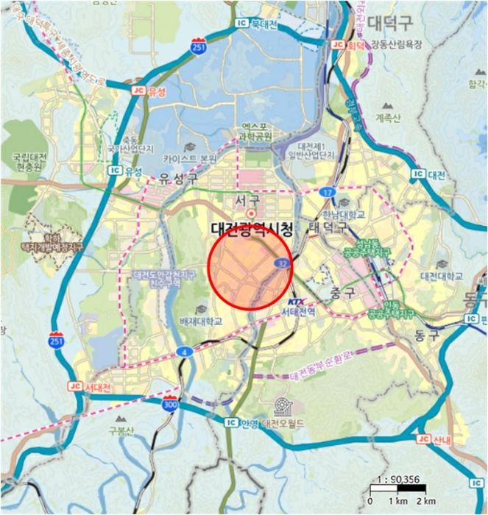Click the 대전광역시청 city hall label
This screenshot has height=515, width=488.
coord(252,229)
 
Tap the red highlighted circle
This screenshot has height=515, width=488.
coord(251,270)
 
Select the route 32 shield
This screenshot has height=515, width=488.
coord(281,263)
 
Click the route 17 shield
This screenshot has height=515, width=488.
coord(327,193)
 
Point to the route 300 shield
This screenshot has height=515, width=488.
coord(170,404)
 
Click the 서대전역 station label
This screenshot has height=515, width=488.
coord(298,312)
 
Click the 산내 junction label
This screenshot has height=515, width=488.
coord(439,439)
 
